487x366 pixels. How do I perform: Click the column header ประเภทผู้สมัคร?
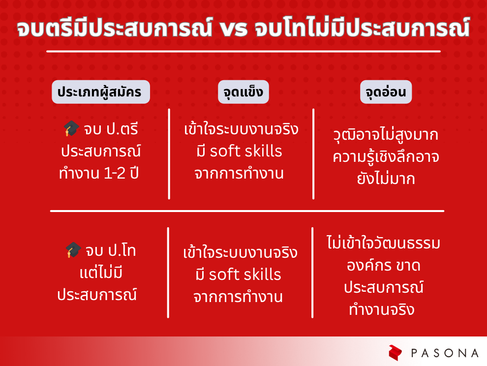[101, 92]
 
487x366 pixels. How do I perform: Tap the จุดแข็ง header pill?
[243, 92]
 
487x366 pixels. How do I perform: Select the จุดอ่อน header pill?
[386, 92]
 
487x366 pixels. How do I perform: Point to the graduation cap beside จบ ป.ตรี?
[71, 128]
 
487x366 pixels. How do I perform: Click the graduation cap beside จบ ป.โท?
[73, 250]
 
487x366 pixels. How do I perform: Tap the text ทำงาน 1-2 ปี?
[99, 173]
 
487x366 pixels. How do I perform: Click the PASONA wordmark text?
[445, 353]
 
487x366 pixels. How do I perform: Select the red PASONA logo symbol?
[395, 353]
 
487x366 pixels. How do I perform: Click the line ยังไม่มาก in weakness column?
[386, 179]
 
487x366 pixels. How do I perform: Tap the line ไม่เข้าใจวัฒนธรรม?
[384, 243]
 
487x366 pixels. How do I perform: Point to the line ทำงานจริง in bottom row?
[382, 309]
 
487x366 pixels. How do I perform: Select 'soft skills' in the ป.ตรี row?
[245, 152]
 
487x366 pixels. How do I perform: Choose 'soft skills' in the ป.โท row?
[245, 274]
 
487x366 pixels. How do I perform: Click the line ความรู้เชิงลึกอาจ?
[386, 157]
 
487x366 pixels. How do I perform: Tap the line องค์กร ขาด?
[384, 265]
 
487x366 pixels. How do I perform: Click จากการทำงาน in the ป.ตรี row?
[239, 173]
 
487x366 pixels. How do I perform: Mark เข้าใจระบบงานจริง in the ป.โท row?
[240, 252]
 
